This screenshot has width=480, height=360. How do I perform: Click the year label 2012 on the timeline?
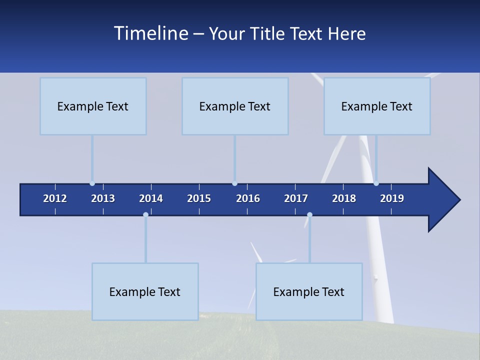[x=55, y=198]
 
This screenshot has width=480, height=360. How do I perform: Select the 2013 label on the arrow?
[x=103, y=198]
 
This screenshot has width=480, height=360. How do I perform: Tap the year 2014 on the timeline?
[x=151, y=198]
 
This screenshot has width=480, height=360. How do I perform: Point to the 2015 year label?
[x=199, y=198]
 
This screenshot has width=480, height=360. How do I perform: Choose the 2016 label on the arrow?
[x=248, y=198]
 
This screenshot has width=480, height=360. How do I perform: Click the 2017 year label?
[x=296, y=198]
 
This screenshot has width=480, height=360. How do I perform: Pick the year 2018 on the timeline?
[x=344, y=198]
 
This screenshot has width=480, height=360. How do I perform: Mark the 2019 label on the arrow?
[x=392, y=198]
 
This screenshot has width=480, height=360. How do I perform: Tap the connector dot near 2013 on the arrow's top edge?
[x=92, y=183]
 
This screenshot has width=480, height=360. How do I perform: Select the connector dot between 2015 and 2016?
[x=234, y=183]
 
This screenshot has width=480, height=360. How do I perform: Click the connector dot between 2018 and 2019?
[x=376, y=183]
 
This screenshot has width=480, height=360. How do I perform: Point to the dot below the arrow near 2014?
[x=145, y=215]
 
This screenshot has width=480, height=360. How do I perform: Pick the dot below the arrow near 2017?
[x=309, y=215]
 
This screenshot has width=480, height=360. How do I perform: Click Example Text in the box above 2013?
[x=92, y=106]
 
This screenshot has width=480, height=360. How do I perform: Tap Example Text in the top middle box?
[x=234, y=106]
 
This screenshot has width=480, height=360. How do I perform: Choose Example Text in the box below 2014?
[x=144, y=292]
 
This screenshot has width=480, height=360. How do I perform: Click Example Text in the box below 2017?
[x=308, y=292]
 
